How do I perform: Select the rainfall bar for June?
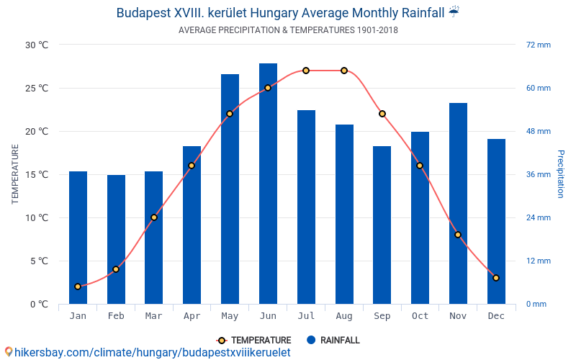coord(268,184)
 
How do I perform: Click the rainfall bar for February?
coord(116,239)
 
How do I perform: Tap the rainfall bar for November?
coord(458,203)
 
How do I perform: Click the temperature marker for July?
coord(306,71)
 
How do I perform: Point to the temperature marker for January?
coord(78,287)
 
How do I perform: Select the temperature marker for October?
coord(420,166)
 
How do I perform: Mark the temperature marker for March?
coord(154,217)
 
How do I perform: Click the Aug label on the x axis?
coord(344,316)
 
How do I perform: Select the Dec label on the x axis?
coord(496,316)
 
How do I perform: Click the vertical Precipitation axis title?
coord(561,174)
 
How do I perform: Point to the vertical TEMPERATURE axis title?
coord(15,174)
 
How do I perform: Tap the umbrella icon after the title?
coord(454,12)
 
